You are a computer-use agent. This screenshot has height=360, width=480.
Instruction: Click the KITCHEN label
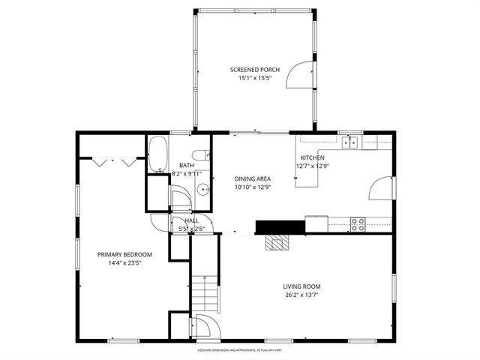tap(310, 157)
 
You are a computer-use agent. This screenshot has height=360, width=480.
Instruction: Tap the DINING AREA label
tap(252, 178)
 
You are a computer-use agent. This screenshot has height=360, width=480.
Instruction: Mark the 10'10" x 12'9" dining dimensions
tap(252, 187)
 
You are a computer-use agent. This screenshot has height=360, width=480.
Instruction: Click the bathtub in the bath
tap(157, 155)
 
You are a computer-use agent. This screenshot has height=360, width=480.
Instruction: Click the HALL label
tap(192, 220)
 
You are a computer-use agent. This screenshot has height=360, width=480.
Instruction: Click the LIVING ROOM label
tap(301, 286)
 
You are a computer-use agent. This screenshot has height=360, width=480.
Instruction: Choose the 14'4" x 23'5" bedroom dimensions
tap(124, 263)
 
